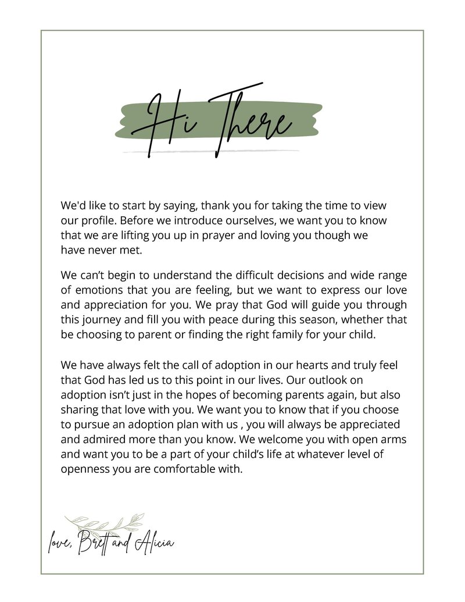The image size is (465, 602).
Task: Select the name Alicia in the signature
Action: (153, 544)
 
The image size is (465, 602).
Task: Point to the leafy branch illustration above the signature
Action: (105, 523)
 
